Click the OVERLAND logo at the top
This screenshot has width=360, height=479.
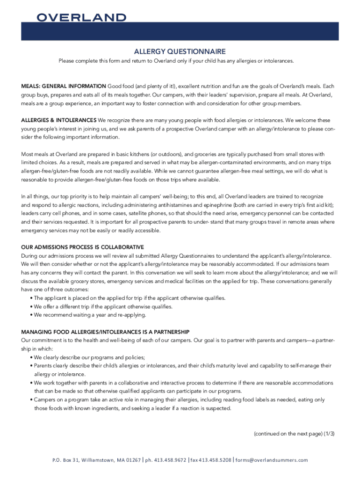click(x=81, y=18)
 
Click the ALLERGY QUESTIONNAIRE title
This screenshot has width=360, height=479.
click(x=180, y=51)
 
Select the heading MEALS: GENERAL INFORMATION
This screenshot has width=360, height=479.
click(x=64, y=87)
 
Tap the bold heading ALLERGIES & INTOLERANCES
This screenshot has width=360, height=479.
click(x=59, y=120)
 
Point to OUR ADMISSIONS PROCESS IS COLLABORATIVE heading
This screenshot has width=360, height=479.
click(x=83, y=247)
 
